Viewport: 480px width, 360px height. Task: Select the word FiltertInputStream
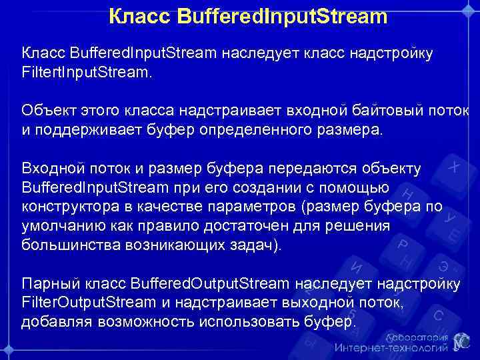click(86, 71)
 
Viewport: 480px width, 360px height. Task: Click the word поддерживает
click(86, 129)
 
